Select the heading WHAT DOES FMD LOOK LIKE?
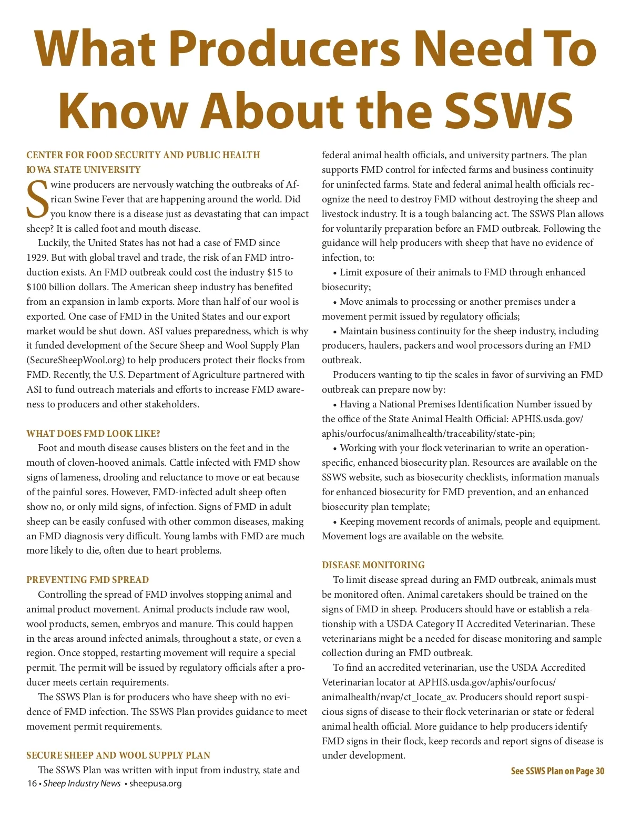coord(93,434)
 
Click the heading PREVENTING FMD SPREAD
coord(87,580)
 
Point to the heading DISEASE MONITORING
coord(373,565)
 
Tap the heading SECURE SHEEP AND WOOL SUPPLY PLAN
coord(118,755)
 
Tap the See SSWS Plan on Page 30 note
coord(557,771)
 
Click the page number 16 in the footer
coord(32,784)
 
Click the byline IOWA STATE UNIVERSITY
coord(84,170)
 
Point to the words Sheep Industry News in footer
coord(82,784)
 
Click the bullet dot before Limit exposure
coord(335,273)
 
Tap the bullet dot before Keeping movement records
coord(335,522)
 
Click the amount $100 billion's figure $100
coord(37,287)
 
